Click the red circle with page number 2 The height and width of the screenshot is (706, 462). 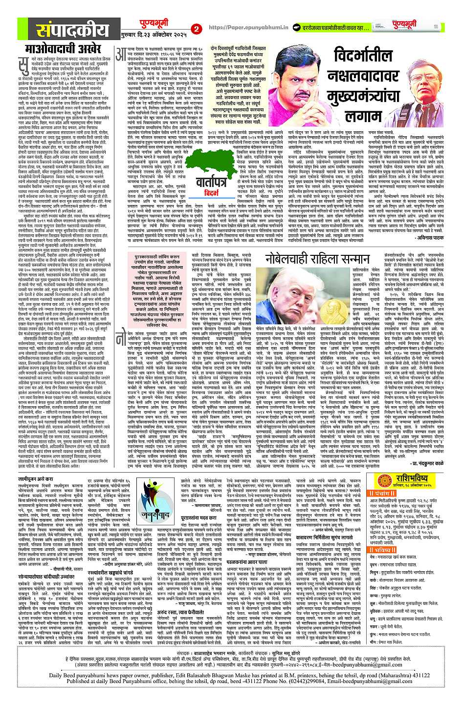[x=197, y=28]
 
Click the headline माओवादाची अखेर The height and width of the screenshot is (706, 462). [x=56, y=49]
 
